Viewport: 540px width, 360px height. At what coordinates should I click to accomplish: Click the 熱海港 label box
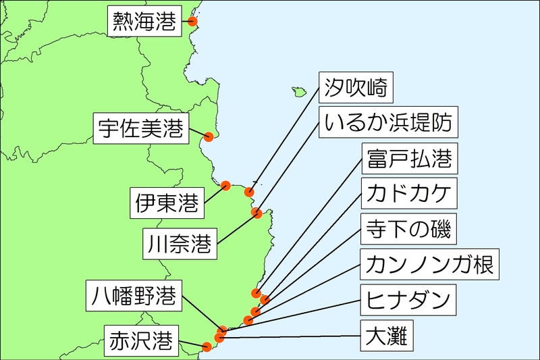(x=145, y=22)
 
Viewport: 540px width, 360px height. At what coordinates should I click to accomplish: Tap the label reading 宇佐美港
(x=140, y=128)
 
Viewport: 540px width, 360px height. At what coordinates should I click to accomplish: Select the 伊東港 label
(x=167, y=202)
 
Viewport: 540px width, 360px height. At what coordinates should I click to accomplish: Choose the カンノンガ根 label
(x=430, y=265)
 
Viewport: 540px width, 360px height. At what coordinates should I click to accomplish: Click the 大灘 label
(x=386, y=335)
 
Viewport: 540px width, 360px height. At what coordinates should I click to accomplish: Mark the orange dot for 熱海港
(x=192, y=22)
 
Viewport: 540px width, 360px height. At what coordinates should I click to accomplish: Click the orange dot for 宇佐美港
(x=209, y=137)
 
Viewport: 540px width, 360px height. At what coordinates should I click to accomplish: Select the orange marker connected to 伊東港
(x=226, y=185)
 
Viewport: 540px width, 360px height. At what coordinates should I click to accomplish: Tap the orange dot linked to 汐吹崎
(x=250, y=192)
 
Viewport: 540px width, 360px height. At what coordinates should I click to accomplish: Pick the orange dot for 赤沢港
(x=207, y=347)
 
